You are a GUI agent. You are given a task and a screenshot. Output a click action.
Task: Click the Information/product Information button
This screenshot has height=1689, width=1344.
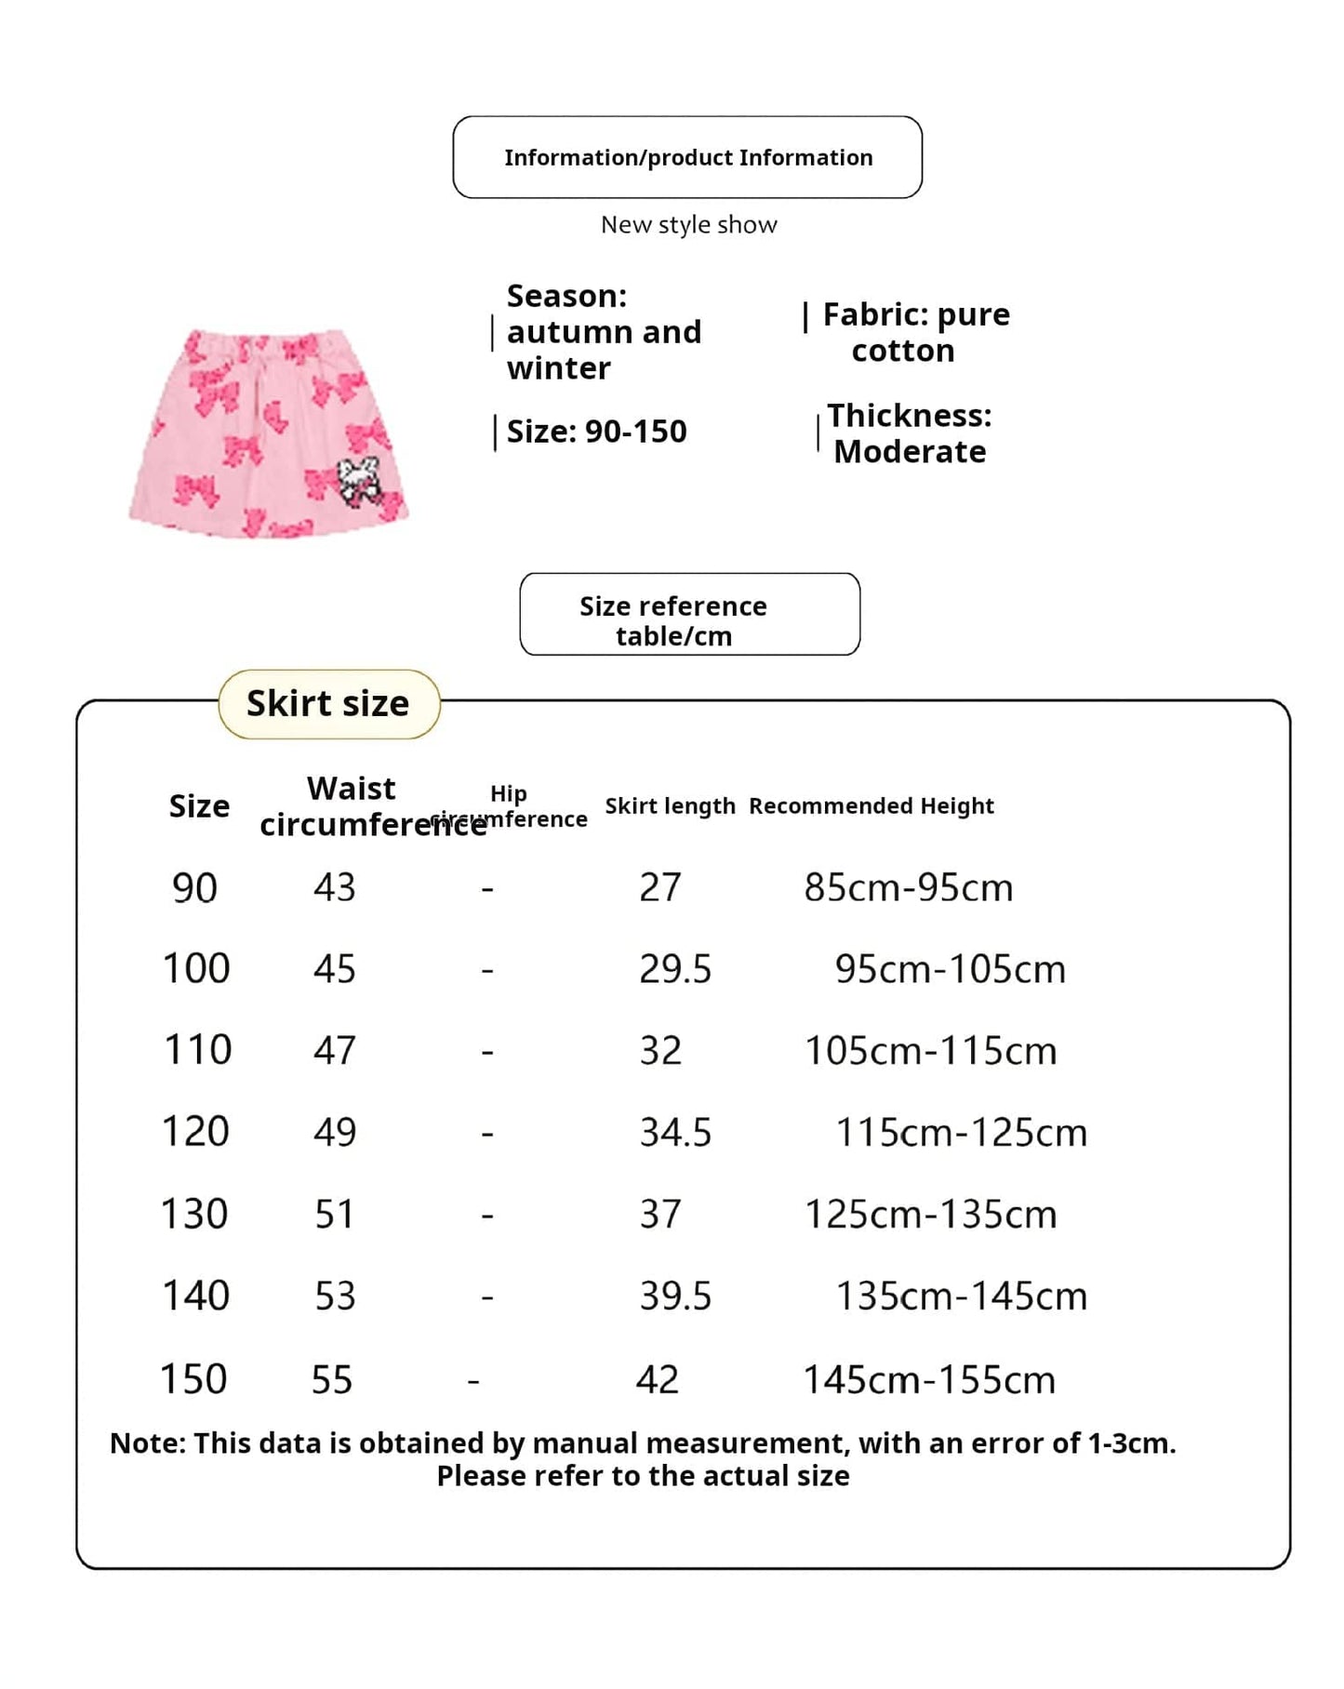pyautogui.click(x=687, y=157)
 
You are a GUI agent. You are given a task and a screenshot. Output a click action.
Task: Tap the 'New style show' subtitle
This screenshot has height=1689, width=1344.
pyautogui.click(x=688, y=225)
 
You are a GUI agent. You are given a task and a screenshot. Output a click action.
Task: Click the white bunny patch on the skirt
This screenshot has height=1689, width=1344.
pyautogui.click(x=359, y=480)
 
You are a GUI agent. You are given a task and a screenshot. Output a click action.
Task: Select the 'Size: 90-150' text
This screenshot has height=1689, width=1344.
pyautogui.click(x=596, y=432)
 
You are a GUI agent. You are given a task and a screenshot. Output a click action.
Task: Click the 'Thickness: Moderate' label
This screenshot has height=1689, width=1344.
pyautogui.click(x=909, y=433)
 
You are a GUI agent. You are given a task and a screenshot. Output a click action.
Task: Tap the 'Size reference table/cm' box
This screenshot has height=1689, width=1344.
pyautogui.click(x=689, y=614)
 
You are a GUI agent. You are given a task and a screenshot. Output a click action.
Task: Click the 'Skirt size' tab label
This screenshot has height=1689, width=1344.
pyautogui.click(x=327, y=704)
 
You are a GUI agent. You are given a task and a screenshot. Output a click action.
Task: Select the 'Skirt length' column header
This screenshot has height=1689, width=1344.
pyautogui.click(x=670, y=805)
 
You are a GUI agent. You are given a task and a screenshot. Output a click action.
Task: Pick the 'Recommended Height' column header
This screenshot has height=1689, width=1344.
pyautogui.click(x=871, y=805)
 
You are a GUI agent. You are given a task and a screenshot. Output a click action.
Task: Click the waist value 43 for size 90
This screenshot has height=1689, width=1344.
pyautogui.click(x=335, y=887)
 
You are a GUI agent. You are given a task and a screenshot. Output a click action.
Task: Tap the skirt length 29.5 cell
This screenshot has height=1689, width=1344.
pyautogui.click(x=674, y=969)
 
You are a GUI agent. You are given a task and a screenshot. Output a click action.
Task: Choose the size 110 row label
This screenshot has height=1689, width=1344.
pyautogui.click(x=197, y=1050)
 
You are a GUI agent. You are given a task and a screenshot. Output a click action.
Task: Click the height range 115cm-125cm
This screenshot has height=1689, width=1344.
pyautogui.click(x=961, y=1133)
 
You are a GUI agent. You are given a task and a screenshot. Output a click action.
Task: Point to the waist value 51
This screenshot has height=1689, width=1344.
pyautogui.click(x=335, y=1215)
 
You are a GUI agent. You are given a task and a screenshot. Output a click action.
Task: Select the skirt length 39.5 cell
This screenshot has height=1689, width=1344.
pyautogui.click(x=674, y=1297)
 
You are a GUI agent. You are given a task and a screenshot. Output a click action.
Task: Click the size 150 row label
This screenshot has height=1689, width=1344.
pyautogui.click(x=193, y=1379)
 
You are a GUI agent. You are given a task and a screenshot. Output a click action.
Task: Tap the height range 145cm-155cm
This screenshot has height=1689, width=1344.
pyautogui.click(x=928, y=1380)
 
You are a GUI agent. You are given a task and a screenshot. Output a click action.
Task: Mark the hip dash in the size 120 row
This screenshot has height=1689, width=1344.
pyautogui.click(x=486, y=1134)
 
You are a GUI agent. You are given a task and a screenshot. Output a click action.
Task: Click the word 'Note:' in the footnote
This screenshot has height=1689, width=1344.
pyautogui.click(x=147, y=1443)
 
